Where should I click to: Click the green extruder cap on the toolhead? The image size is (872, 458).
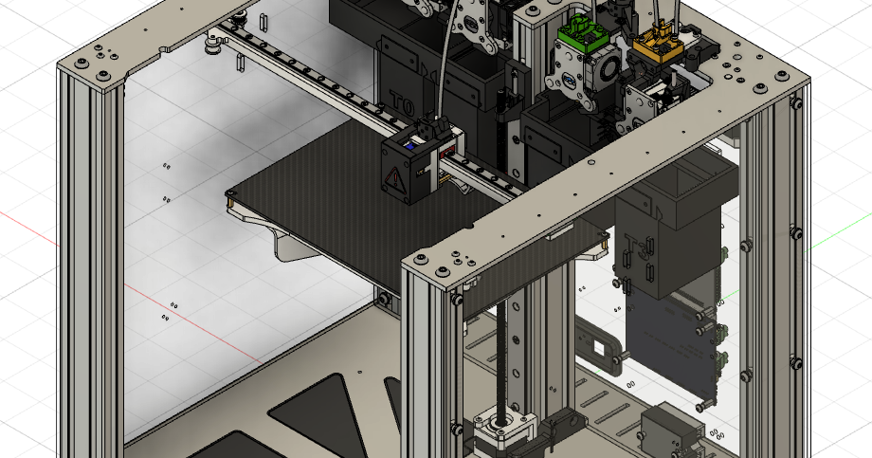[580, 35]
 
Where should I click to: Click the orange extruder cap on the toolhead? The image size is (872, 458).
[655, 39]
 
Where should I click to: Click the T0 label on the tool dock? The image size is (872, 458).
[399, 98]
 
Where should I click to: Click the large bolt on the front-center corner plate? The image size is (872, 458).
[423, 258]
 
